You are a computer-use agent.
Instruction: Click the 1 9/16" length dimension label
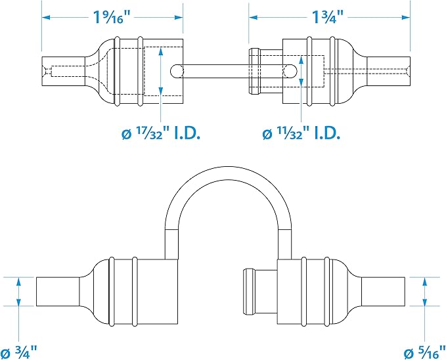pos(112,17)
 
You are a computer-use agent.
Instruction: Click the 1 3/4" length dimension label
pos(328,17)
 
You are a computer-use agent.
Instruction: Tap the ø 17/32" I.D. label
pos(161,133)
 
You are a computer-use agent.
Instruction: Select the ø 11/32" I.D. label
pos(301,133)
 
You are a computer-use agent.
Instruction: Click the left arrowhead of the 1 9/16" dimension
pos(46,17)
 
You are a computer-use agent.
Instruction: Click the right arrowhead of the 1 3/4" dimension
pos(406,17)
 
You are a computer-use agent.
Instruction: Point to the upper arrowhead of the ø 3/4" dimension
pos(19,282)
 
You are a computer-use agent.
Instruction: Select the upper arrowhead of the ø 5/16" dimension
pos(425,282)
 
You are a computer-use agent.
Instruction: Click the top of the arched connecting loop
pos(228,173)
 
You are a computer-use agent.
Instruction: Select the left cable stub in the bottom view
pos(58,292)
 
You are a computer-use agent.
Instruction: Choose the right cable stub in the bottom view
pos(383,292)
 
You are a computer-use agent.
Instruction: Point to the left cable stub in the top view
pos(63,71)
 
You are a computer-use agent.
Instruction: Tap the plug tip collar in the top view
pos(254,71)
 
